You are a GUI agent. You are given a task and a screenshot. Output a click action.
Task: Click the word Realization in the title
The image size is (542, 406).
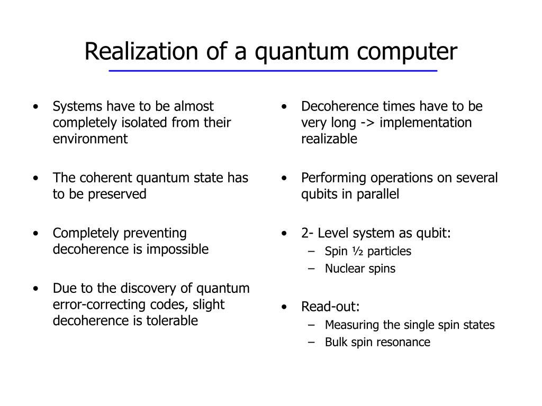[141, 51]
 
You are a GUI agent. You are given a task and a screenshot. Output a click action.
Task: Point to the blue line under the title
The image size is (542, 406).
[273, 71]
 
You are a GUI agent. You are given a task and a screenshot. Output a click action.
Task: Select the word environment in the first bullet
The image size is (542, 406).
[90, 139]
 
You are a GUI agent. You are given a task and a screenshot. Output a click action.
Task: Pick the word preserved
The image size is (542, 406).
[117, 194]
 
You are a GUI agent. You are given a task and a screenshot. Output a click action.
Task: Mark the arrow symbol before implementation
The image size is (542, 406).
[367, 123]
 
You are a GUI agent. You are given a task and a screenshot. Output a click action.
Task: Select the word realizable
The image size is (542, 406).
[329, 139]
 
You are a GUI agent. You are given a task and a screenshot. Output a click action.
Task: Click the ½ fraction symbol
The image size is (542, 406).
[358, 251]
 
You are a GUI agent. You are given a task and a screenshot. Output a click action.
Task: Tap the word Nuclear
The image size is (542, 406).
[344, 269]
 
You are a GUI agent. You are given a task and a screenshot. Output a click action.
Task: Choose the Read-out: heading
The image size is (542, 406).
[330, 307]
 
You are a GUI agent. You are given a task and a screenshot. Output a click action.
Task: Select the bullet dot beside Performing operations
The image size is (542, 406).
[284, 178]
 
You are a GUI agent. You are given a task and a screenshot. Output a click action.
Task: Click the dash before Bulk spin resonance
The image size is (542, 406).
[311, 343]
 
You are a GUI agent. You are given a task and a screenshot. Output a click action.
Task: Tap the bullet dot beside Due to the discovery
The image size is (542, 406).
[35, 289]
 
